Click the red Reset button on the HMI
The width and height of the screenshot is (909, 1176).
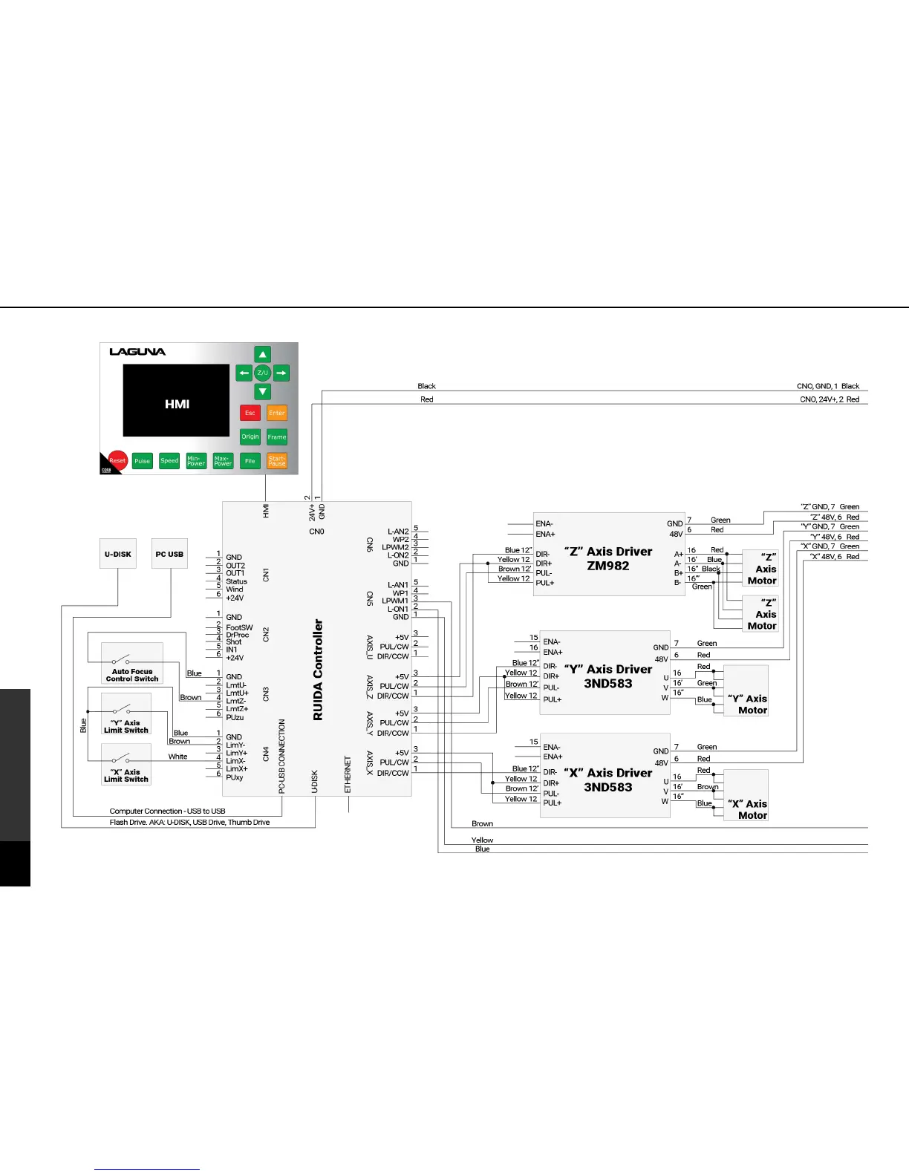click(117, 460)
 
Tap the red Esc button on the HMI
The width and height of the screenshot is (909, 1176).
click(250, 413)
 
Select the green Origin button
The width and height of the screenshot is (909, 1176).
click(250, 437)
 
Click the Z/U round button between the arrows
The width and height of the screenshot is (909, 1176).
click(262, 373)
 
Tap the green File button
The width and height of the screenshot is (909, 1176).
click(250, 461)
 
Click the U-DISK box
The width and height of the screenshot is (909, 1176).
click(118, 554)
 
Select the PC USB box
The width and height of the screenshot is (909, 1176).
click(169, 554)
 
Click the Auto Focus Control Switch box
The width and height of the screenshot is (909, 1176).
click(132, 663)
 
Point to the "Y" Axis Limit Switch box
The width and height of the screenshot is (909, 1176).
click(126, 713)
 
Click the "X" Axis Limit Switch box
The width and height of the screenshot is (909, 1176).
click(126, 764)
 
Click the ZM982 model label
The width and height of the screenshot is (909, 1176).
click(608, 566)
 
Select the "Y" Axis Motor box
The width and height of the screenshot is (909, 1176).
click(746, 690)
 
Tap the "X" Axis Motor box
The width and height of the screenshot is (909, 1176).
click(746, 795)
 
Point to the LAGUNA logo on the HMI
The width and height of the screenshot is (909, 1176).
click(137, 352)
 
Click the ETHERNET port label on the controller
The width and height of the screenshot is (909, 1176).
click(348, 774)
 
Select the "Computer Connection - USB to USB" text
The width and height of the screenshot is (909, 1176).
click(167, 811)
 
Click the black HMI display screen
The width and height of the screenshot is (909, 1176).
click(176, 400)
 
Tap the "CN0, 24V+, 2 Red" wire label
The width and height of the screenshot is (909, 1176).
click(830, 399)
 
